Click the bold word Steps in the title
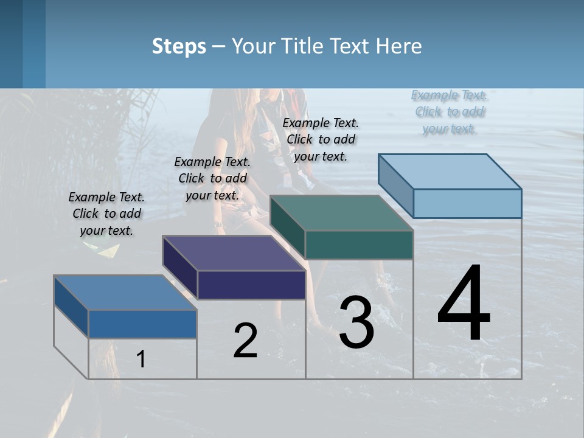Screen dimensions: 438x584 (x=179, y=46)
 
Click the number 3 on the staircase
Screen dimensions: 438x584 (x=356, y=322)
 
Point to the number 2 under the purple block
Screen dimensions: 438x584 (x=245, y=341)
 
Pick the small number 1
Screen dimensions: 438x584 (x=141, y=359)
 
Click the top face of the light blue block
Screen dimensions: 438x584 (x=450, y=172)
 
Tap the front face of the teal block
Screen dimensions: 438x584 (x=359, y=245)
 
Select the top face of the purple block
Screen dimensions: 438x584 (x=234, y=253)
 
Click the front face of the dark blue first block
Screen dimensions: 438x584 (x=142, y=324)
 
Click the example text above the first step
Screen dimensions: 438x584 (x=106, y=214)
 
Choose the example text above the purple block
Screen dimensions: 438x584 (x=212, y=178)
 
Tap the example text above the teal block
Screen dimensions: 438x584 (x=321, y=139)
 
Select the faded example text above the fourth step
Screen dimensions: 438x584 (x=449, y=111)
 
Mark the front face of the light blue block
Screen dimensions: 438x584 (x=467, y=203)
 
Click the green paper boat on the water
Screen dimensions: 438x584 (x=108, y=250)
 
